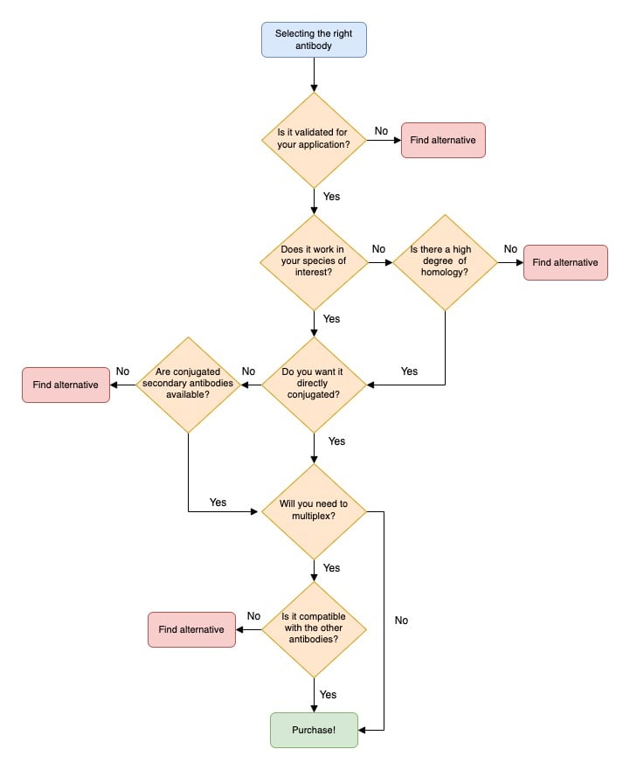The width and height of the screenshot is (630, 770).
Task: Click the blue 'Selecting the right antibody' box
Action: [314, 39]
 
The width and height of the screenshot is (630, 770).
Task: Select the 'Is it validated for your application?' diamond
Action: [314, 140]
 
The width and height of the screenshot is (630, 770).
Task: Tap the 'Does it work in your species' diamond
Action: [314, 262]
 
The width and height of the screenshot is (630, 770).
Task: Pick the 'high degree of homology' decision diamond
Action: [445, 262]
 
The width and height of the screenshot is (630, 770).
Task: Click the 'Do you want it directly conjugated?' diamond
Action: [314, 385]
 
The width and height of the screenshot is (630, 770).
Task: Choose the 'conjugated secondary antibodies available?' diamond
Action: [188, 385]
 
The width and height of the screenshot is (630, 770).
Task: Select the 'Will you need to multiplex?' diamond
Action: [314, 511]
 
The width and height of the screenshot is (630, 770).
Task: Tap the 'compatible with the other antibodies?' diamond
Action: [314, 629]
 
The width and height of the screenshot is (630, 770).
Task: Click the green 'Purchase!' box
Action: [314, 730]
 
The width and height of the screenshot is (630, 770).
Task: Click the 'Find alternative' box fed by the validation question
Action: [443, 140]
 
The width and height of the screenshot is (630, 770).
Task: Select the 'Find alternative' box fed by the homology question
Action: [565, 262]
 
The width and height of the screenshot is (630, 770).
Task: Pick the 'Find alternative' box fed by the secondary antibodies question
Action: [66, 385]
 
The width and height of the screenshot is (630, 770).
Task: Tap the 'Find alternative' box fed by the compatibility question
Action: [191, 629]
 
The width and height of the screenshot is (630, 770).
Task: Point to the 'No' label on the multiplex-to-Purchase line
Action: [401, 621]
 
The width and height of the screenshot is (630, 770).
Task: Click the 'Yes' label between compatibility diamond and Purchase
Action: [329, 695]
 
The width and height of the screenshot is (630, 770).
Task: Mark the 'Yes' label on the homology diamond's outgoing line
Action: [409, 371]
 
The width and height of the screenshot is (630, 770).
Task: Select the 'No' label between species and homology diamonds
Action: [378, 249]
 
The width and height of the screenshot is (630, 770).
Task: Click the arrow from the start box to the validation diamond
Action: [314, 75]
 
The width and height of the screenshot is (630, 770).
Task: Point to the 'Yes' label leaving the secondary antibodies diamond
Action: [218, 503]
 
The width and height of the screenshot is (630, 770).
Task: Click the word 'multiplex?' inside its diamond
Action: [314, 517]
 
